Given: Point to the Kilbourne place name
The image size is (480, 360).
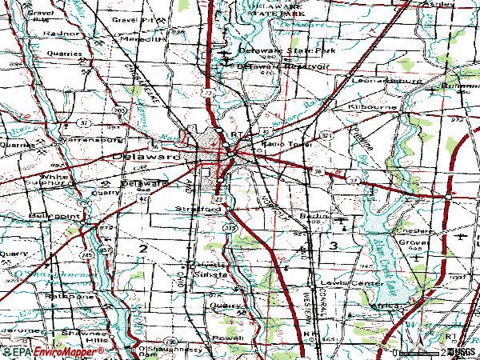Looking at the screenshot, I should coord(368,106).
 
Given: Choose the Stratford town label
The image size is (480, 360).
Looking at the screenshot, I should coord(198,209).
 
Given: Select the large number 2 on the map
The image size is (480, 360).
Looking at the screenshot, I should coord(142,250).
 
